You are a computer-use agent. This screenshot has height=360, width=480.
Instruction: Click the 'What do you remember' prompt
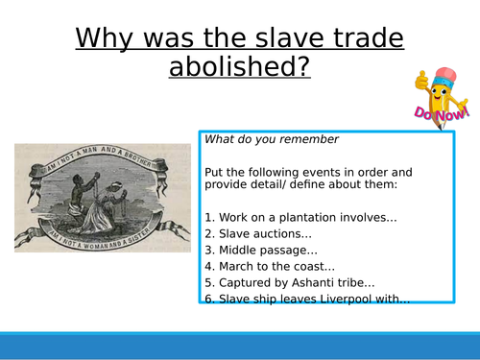[259, 139]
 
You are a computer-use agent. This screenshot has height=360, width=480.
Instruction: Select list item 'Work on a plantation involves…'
[300, 218]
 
